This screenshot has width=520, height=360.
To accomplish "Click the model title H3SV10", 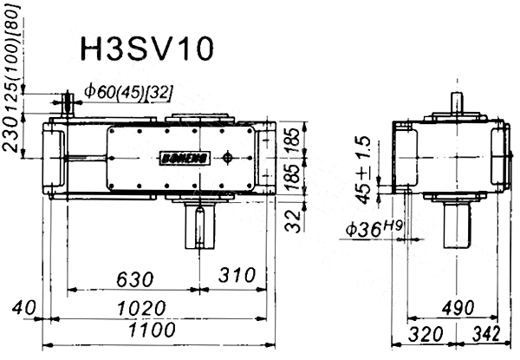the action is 146,49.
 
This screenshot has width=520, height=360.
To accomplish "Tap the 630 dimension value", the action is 135,279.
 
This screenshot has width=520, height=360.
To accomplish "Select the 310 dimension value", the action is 237,275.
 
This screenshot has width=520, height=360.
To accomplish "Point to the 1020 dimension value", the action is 141,308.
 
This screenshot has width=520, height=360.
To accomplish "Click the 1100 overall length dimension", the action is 152,330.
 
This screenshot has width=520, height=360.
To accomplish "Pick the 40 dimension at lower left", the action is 23,308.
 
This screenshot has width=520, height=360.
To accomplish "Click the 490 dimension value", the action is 458,308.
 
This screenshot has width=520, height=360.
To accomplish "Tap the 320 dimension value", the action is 426,335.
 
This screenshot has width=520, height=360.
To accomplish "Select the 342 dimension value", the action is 486,334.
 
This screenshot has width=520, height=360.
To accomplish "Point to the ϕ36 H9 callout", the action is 374,228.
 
